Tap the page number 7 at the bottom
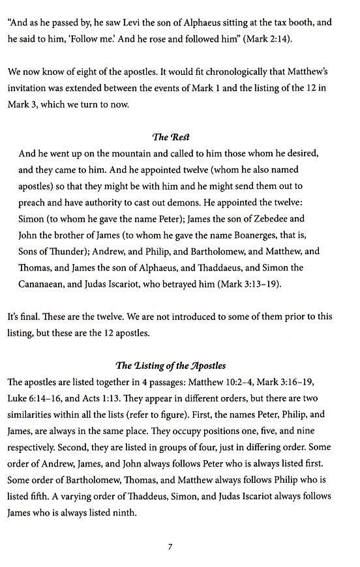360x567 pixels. [x=170, y=547]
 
